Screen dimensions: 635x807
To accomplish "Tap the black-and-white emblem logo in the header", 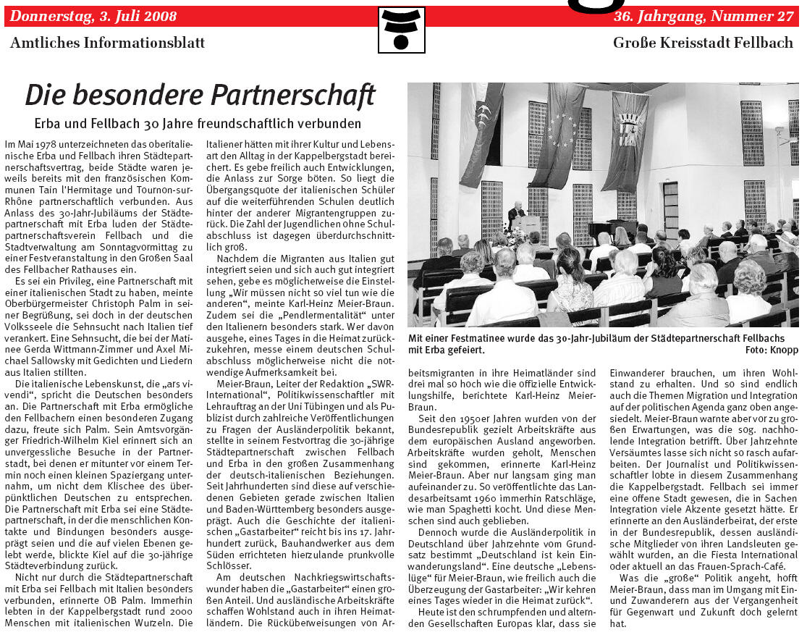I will coord(401,30).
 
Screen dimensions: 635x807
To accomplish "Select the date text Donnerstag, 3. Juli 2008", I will coord(93,16).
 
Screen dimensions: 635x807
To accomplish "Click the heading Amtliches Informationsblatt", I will coord(107,43).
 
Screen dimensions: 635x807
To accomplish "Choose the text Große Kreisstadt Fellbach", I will coord(703,43).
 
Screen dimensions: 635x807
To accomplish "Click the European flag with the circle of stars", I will coord(565,130).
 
